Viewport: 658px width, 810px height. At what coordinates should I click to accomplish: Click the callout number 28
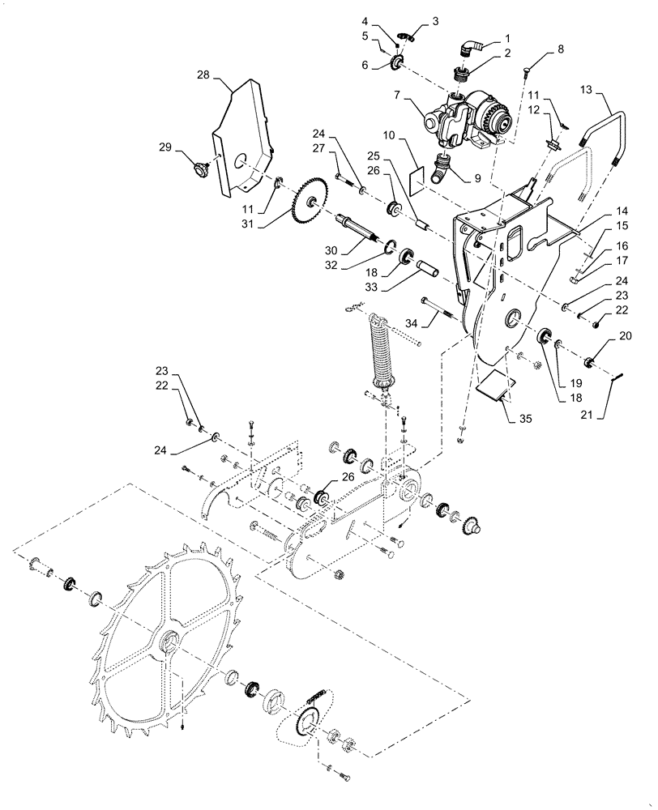coord(203,75)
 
